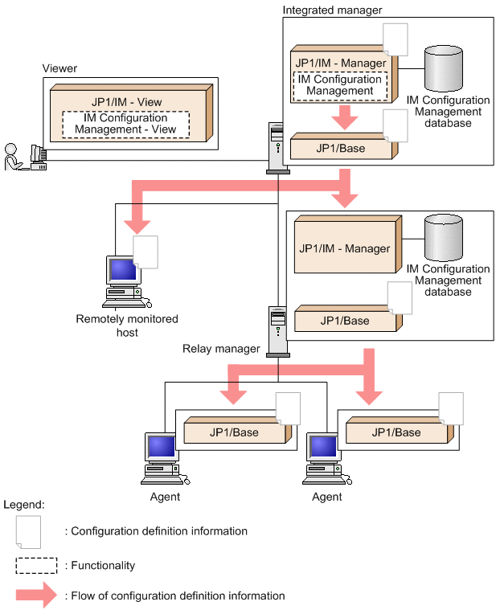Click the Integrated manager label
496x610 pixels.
point(332,9)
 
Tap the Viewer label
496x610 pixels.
point(59,68)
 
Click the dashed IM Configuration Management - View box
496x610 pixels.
point(125,123)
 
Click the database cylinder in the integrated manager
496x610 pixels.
point(445,68)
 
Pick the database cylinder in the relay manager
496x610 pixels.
point(445,237)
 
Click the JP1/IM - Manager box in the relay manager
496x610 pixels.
point(345,248)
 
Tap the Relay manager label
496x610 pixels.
point(220,348)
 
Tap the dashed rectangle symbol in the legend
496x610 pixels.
point(36,565)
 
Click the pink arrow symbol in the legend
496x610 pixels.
point(36,596)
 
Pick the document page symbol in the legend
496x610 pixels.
point(28,530)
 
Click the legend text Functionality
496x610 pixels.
point(103,565)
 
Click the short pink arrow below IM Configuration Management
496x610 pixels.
point(344,117)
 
